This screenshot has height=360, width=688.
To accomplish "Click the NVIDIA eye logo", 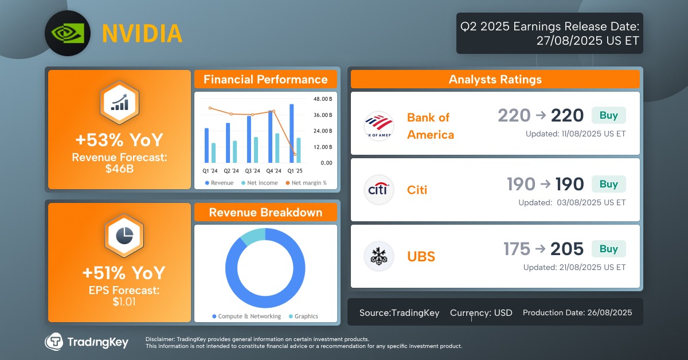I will pos(68,33).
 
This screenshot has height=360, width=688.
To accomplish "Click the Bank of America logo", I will pos(378,126).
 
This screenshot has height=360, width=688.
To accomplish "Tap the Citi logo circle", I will pos(378,190).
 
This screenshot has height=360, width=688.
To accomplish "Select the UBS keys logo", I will pos(378,256).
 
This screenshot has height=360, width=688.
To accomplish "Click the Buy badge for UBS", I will pos(608,249).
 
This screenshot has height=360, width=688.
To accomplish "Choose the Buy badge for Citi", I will pos(608,184).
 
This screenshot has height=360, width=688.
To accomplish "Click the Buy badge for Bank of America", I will pos(608,115).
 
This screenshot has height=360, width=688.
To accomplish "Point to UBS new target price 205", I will pos(566,249).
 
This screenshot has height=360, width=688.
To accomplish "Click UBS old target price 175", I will pos(517,249).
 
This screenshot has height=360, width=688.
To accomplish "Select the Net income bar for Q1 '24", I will pos(213,153).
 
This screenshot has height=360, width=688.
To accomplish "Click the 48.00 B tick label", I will pos(322,99).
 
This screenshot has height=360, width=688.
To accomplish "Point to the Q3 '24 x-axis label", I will pos(252,171).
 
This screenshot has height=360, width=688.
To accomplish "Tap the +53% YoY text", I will pos(119,140).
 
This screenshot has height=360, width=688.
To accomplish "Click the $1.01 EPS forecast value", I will pos(124,302).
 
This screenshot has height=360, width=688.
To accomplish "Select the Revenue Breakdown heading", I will pos(265,213).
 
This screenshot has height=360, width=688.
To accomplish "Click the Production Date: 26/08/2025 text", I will pos(577,312).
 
